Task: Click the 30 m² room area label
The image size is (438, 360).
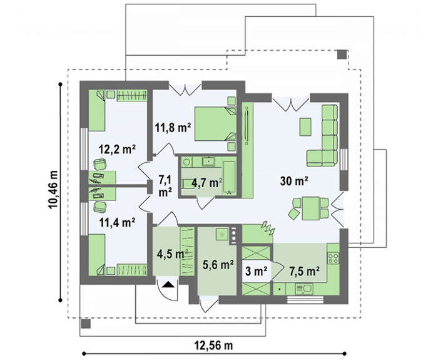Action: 294,181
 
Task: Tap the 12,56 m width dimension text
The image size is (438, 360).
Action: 213,346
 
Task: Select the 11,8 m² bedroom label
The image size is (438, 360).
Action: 173,128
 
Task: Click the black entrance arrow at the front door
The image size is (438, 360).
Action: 168,284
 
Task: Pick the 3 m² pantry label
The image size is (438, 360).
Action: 257,271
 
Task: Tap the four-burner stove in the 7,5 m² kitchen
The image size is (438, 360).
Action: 334,258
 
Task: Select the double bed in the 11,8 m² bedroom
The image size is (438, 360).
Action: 215,123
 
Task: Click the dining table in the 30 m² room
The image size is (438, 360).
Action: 310,208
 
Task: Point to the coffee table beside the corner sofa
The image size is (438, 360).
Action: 305,127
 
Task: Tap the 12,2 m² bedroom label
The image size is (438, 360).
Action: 118,149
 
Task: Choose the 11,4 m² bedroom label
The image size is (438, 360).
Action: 118,223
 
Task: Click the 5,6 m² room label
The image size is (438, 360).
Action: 218,264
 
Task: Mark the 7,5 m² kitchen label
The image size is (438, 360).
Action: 305,271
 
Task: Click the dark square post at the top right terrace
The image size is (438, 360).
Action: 342,54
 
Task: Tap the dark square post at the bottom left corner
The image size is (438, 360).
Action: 86,324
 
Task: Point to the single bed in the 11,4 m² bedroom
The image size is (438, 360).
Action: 97,255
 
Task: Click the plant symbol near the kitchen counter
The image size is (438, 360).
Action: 268,227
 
